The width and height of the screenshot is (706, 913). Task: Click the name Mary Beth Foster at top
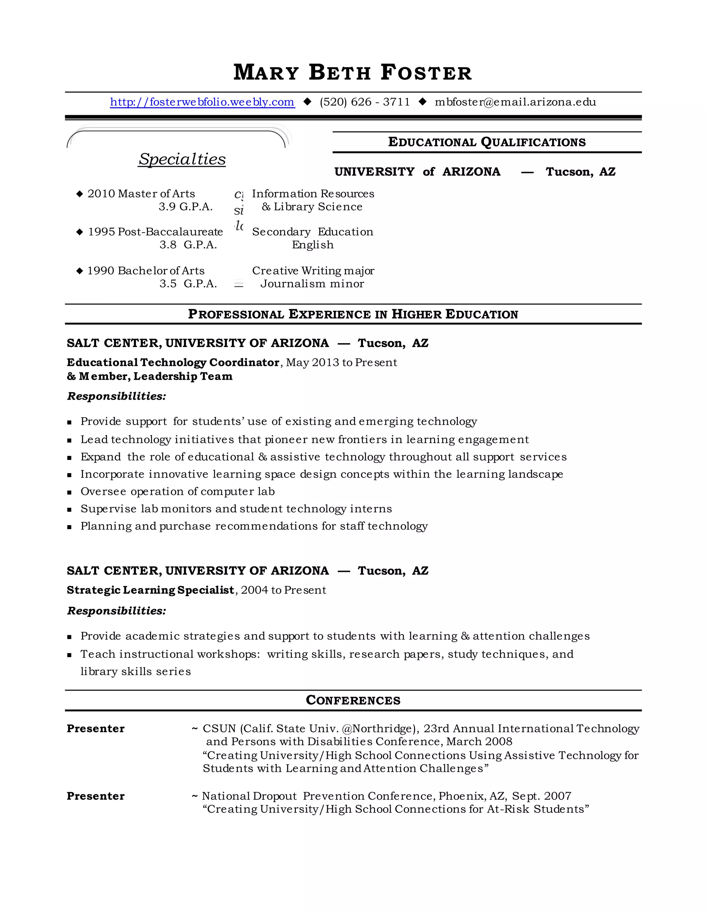[x=353, y=72]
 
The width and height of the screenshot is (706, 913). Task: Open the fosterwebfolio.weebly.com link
[x=202, y=102]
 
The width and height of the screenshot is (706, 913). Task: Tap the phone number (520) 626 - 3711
[x=365, y=102]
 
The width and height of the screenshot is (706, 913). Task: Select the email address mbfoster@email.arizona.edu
[x=515, y=102]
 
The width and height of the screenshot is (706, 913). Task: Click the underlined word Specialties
[x=182, y=159]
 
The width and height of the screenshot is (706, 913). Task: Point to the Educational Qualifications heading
[x=487, y=142]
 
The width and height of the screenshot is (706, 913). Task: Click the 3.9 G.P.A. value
[x=185, y=206]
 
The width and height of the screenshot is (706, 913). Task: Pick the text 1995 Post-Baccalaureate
[x=155, y=232]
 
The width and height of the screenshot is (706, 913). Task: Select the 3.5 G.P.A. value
[x=188, y=284]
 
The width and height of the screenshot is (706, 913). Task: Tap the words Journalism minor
[x=312, y=284]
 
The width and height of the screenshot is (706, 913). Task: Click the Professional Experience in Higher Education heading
[x=353, y=314]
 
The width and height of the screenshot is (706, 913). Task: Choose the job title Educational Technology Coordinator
[x=173, y=362]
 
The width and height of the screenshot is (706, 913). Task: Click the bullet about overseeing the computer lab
[x=177, y=491]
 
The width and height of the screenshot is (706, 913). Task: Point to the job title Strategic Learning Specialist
[x=150, y=590]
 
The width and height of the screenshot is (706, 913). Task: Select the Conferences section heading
[x=353, y=700]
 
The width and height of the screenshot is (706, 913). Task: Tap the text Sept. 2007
[x=541, y=796]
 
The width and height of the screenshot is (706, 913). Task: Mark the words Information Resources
[x=313, y=194]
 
